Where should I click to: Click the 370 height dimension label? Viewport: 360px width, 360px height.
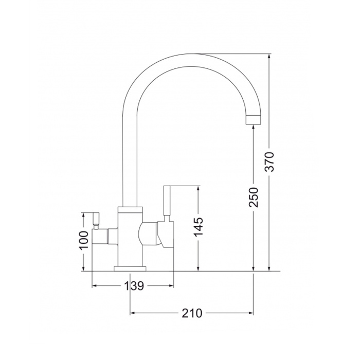269,161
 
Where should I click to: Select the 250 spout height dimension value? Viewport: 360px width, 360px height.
254,197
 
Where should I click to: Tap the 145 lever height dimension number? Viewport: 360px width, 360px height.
199,226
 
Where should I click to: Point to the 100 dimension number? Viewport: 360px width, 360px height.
83,240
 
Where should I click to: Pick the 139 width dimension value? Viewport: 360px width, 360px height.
134,286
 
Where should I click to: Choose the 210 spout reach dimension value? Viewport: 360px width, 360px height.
192,313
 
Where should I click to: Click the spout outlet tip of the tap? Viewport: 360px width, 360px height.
254,120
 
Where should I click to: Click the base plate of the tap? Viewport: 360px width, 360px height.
130,268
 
